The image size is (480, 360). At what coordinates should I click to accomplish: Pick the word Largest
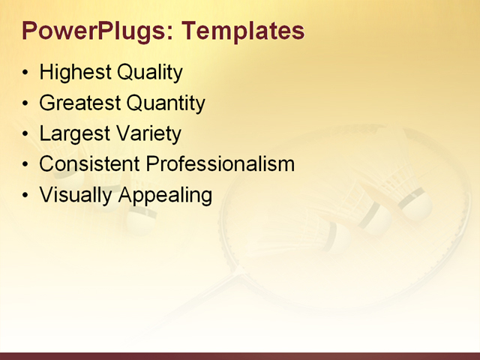coord(71,134)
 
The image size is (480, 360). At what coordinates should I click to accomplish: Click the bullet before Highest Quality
coord(26,73)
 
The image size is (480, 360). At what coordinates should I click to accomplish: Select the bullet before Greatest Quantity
coord(26,104)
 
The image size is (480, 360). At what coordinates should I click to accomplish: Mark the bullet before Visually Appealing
coord(26,196)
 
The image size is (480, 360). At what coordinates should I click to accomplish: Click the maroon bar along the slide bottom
coord(240,355)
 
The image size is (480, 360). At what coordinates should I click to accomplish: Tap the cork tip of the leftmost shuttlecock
coord(139,220)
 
